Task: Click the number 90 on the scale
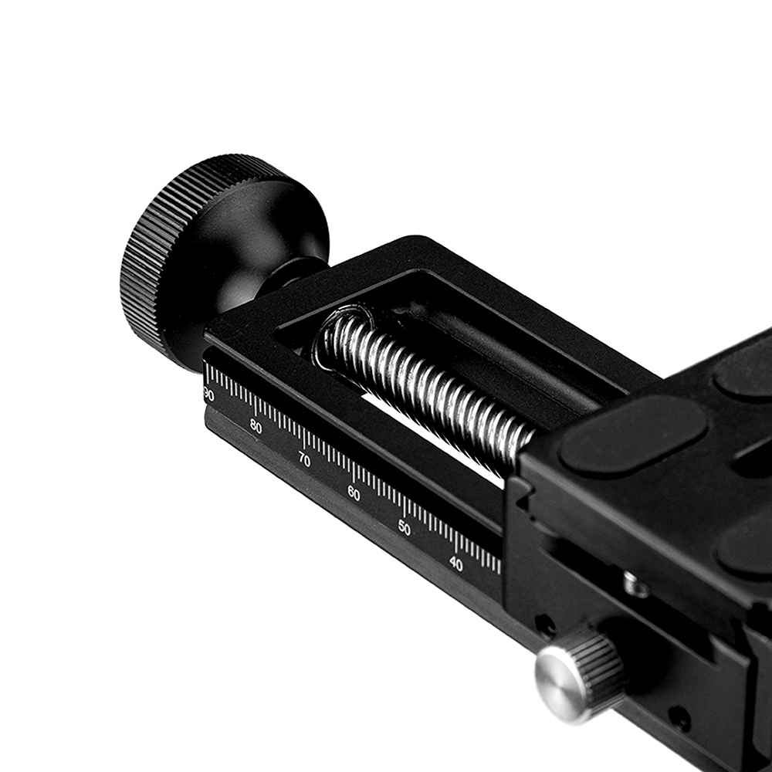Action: pyautogui.click(x=208, y=394)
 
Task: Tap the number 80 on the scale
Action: pyautogui.click(x=256, y=426)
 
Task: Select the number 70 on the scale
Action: pyautogui.click(x=304, y=460)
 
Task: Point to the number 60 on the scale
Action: pyautogui.click(x=354, y=494)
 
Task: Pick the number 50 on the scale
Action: pyautogui.click(x=405, y=528)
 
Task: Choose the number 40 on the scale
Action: pyautogui.click(x=456, y=564)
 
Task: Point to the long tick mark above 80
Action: pyautogui.click(x=256, y=408)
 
